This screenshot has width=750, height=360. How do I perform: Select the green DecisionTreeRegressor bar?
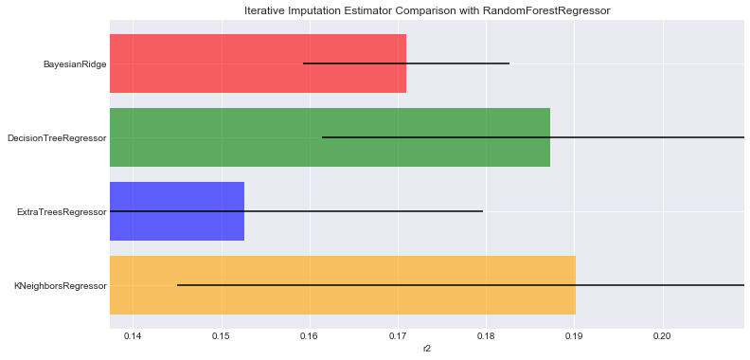[x=330, y=137]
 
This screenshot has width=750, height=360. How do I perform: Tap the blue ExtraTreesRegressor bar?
[x=177, y=211]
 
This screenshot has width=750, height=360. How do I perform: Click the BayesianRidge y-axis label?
[x=74, y=64]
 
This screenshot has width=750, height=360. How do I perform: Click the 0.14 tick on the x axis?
[x=133, y=336]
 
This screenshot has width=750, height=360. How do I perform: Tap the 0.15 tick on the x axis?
[x=221, y=336]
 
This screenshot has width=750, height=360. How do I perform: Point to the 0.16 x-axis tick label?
[x=310, y=336]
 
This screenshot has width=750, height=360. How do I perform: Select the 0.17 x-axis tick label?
[x=398, y=336]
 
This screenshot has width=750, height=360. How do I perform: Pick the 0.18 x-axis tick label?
[x=486, y=336]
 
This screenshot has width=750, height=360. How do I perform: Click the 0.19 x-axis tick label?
[x=574, y=336]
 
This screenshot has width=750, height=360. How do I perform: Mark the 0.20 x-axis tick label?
[x=662, y=336]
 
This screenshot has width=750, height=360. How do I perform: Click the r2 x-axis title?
[x=426, y=350]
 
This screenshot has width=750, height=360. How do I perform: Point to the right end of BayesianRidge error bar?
[x=509, y=63]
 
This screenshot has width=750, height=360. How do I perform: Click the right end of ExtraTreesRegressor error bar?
[x=483, y=211]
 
